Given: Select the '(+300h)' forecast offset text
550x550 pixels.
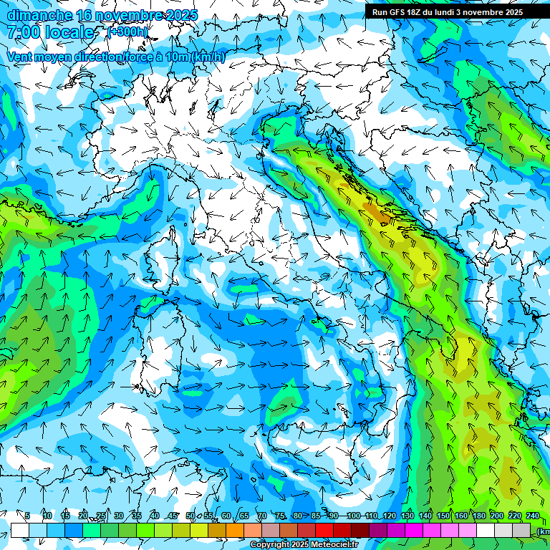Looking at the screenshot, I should coord(128,32).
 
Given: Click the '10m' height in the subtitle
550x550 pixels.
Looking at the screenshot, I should coord(177,57).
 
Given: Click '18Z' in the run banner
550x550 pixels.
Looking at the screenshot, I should coord(417,12).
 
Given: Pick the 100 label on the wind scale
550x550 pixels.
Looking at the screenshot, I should coord(353,516).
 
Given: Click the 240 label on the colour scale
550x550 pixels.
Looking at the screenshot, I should coord(533,516).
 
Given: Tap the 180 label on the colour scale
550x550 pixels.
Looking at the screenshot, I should coord(479,516).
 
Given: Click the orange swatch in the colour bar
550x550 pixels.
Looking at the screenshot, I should coord(235,530).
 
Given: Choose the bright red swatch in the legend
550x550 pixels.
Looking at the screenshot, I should coord(324,530).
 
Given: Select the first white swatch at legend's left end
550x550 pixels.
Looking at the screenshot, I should coord(20,530).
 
